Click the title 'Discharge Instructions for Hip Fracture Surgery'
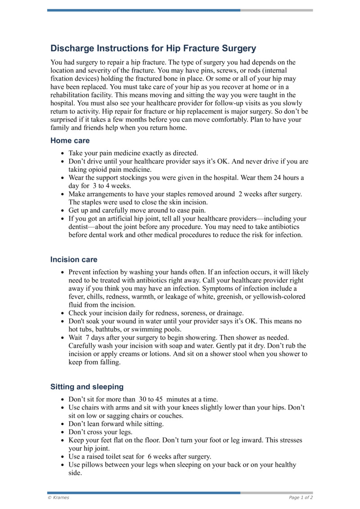pyautogui.click(x=153, y=48)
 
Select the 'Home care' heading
pyautogui.click(x=70, y=140)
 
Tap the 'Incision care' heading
pyautogui.click(x=73, y=260)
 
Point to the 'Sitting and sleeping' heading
pyautogui.click(x=86, y=387)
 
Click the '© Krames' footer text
pyautogui.click(x=58, y=497)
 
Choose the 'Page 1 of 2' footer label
pyautogui.click(x=301, y=497)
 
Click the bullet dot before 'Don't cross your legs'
pyautogui.click(x=62, y=432)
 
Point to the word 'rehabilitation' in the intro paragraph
pyautogui.click(x=72, y=95)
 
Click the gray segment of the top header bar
pyautogui.click(x=276, y=10)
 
